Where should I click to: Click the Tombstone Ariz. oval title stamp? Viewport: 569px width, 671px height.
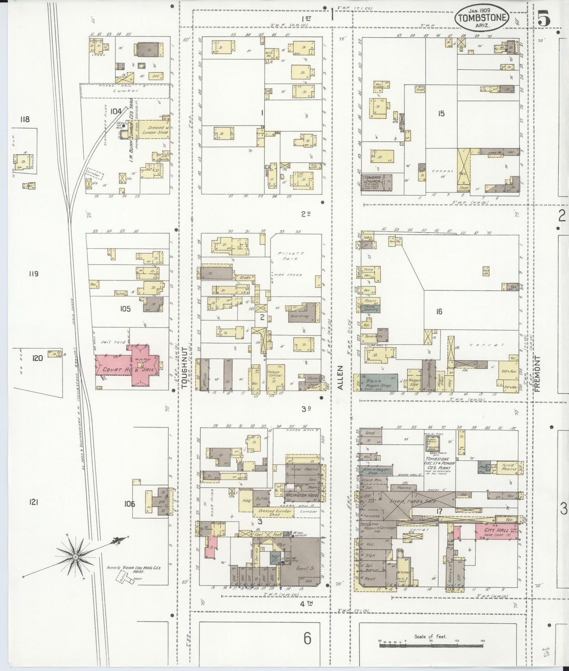[482, 17]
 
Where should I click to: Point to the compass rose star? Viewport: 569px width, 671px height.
[74, 556]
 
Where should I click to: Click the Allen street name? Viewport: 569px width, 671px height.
[340, 378]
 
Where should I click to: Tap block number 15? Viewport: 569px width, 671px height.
[441, 113]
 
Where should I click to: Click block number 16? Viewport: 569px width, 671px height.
[439, 312]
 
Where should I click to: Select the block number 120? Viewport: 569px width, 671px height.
[37, 358]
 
